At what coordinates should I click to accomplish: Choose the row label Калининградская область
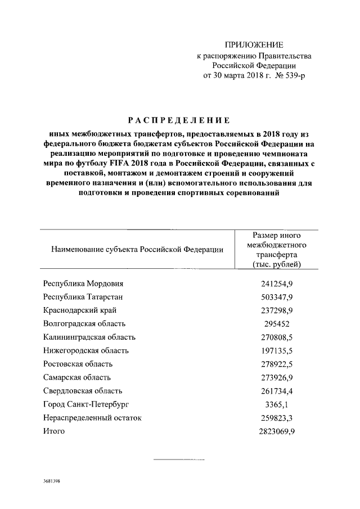(89, 337)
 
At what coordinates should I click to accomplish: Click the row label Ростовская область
(78, 364)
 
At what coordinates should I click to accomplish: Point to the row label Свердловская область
(83, 391)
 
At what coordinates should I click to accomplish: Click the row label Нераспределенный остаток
(92, 418)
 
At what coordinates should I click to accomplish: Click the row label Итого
(54, 431)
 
